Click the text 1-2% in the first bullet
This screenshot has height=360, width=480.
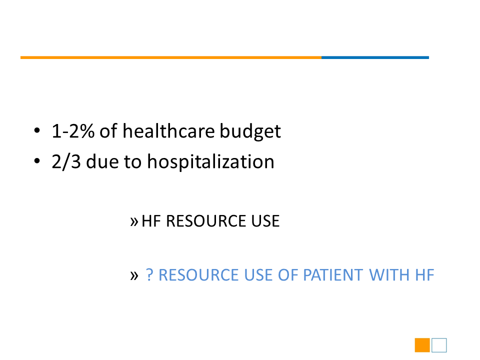point(73,131)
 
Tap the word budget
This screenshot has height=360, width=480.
point(250,132)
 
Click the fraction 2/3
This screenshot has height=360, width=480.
point(66,161)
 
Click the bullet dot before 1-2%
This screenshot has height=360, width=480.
point(37,130)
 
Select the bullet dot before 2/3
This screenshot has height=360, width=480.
point(37,161)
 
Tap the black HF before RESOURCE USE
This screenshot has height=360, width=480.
point(151,221)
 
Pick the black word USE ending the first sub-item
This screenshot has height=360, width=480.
point(265,221)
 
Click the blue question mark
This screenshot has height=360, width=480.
point(149,274)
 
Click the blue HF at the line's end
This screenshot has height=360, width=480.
point(424,275)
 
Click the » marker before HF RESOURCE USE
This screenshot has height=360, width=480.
point(134,221)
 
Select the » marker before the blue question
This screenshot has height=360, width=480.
point(134,275)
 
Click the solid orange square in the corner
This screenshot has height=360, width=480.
point(422,345)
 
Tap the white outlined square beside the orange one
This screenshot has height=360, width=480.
point(439,338)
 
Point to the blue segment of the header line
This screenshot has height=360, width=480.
point(375,57)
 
